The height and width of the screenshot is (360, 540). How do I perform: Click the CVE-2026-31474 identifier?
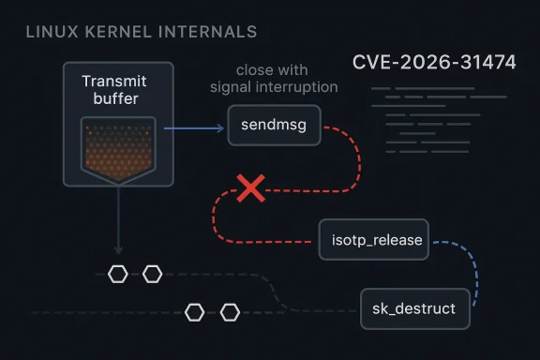tap(434, 64)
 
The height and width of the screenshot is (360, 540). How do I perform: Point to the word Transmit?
tap(114, 82)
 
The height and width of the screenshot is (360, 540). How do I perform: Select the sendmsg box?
tap(274, 125)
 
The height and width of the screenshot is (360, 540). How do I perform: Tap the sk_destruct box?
tap(413, 307)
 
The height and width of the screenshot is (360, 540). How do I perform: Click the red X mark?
tap(249, 189)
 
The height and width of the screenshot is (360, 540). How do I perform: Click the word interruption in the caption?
tap(302, 88)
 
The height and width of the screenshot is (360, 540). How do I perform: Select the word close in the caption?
tap(253, 70)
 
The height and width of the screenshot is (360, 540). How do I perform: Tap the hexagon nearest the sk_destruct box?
tap(230, 312)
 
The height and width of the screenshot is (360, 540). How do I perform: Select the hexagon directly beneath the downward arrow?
tap(118, 274)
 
